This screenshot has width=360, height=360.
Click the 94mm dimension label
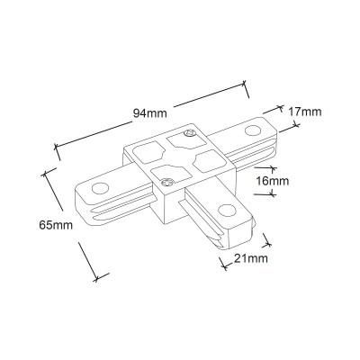pyautogui.click(x=150, y=113)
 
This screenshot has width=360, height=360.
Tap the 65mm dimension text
pyautogui.click(x=56, y=225)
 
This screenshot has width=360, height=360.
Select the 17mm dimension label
pyautogui.click(x=305, y=112)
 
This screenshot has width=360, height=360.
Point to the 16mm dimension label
pyautogui.click(x=273, y=181)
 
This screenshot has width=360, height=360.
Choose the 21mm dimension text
pyautogui.click(x=251, y=258)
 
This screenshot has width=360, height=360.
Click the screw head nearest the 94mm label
pyautogui.click(x=189, y=133)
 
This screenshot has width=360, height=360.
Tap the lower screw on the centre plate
pyautogui.click(x=166, y=183)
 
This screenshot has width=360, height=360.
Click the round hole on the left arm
pyautogui.click(x=100, y=189)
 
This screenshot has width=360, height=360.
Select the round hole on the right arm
pyautogui.click(x=253, y=131)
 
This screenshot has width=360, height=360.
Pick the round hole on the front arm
pyautogui.click(x=227, y=211)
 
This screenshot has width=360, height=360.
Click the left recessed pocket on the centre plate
pyautogui.click(x=148, y=152)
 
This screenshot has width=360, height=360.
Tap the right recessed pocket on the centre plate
pyautogui.click(x=210, y=161)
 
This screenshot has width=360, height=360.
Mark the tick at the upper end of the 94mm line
pyautogui.click(x=246, y=89)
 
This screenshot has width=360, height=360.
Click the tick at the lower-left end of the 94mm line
pyautogui.click(x=57, y=151)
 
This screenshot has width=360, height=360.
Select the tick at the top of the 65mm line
pyautogui.click(x=48, y=172)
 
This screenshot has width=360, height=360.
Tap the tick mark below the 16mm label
pyautogui.click(x=273, y=194)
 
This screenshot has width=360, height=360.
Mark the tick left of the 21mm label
pyautogui.click(x=223, y=264)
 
